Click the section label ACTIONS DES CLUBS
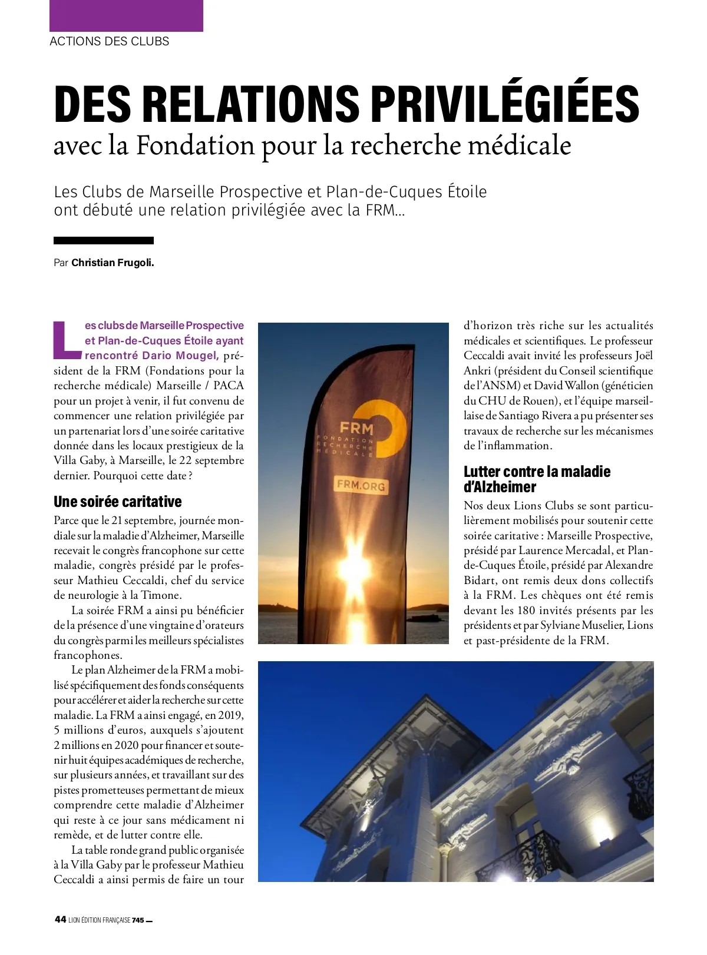click(x=110, y=41)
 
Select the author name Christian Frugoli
click(x=113, y=263)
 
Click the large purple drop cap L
click(x=67, y=340)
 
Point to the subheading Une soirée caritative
click(x=118, y=502)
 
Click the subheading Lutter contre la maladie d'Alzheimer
click(x=537, y=479)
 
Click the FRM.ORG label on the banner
click(x=361, y=485)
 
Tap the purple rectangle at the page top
click(x=126, y=15)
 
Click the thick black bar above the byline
click(x=104, y=240)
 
